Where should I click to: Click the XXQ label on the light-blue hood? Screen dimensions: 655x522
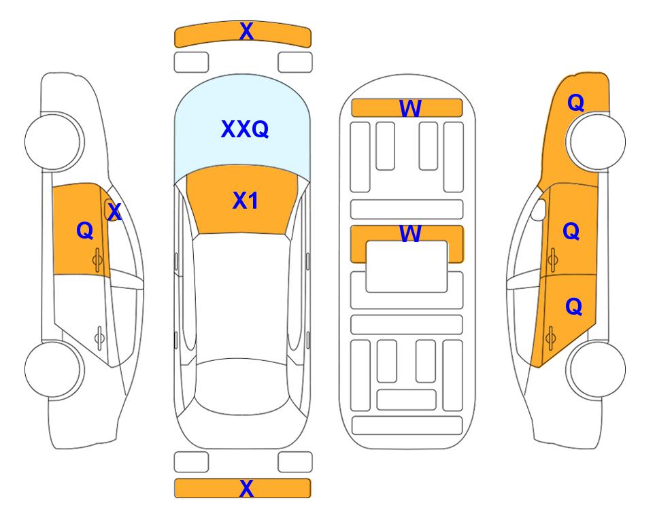[245, 129]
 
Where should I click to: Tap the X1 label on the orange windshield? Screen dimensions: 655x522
[246, 201]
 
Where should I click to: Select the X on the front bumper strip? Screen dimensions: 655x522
[246, 31]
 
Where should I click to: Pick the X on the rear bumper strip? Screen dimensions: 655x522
[246, 488]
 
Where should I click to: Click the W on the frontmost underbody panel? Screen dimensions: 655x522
[410, 109]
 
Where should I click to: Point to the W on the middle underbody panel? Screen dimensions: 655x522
[410, 234]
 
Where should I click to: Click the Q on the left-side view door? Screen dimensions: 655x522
[85, 230]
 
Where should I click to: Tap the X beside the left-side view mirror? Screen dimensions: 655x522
[114, 212]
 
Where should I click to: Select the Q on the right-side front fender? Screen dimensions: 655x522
[575, 103]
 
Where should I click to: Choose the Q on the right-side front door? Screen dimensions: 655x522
[571, 231]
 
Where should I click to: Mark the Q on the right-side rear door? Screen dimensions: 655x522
[573, 307]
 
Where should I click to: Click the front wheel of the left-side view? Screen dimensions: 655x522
[52, 141]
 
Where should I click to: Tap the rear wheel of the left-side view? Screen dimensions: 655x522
[52, 369]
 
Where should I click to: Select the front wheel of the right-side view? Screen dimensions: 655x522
[597, 141]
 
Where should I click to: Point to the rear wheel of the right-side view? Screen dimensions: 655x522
[597, 369]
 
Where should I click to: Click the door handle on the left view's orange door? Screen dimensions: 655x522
[97, 260]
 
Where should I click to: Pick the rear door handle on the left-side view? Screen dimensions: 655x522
[99, 337]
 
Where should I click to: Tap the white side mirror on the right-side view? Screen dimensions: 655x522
[539, 210]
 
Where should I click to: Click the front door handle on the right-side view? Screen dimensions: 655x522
[553, 260]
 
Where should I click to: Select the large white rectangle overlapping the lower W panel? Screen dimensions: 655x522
[407, 266]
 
